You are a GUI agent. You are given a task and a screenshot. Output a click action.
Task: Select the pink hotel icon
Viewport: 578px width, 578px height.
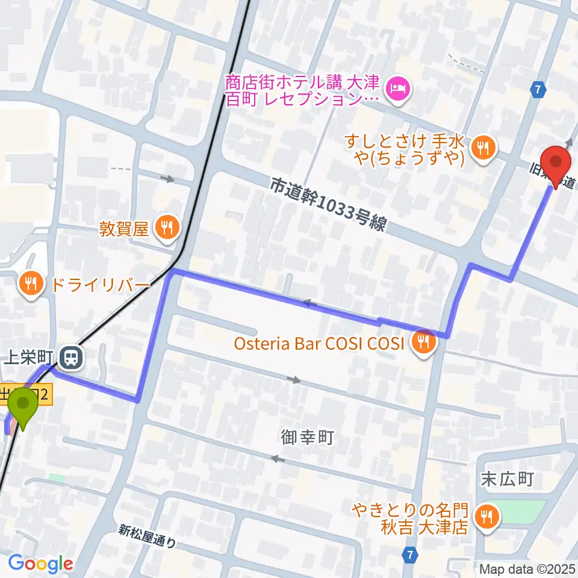(399, 89)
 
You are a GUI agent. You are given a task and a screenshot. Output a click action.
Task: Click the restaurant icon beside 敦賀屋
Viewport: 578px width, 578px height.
(167, 227)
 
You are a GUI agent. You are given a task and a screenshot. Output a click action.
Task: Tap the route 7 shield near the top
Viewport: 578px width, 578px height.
(538, 90)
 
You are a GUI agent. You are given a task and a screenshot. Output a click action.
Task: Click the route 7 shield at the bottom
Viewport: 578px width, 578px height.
(411, 553)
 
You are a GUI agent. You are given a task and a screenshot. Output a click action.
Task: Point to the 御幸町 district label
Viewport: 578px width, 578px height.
(307, 437)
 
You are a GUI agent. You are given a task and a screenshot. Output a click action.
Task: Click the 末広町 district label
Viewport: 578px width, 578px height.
(507, 479)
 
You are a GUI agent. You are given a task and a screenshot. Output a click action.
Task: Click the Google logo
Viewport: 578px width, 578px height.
(40, 564)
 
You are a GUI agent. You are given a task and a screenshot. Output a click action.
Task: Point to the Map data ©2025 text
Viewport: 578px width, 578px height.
(527, 568)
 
